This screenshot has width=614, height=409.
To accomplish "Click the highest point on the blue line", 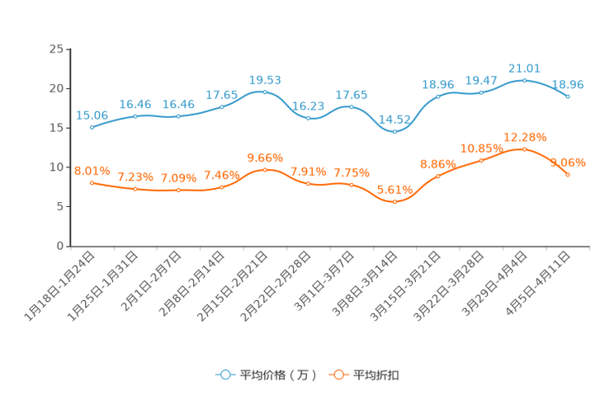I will [524, 80].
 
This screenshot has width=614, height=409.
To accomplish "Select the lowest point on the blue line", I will [394, 131].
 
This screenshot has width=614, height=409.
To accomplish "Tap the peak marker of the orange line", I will [524, 149].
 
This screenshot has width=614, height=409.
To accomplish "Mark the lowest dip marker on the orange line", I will [394, 200].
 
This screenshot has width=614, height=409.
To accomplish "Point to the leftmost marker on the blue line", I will [92, 128].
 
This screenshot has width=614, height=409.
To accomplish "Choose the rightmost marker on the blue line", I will [568, 96].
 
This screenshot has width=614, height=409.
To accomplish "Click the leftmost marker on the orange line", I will [92, 181].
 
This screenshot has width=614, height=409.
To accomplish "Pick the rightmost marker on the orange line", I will [568, 175].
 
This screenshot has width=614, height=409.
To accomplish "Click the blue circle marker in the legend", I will [224, 374].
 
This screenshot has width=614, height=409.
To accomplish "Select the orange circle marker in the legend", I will [338, 374].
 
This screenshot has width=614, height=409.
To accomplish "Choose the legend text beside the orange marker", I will [376, 375].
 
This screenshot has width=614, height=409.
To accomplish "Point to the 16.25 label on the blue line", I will [308, 107].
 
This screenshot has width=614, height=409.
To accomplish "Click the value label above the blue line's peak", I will [524, 68].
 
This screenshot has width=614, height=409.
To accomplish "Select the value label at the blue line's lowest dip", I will [394, 120].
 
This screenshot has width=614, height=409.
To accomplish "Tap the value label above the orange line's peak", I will [525, 136].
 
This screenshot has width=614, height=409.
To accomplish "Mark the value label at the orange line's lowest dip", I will [394, 189].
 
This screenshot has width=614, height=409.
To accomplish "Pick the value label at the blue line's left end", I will [92, 115].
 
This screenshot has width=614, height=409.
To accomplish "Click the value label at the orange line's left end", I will [92, 170].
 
